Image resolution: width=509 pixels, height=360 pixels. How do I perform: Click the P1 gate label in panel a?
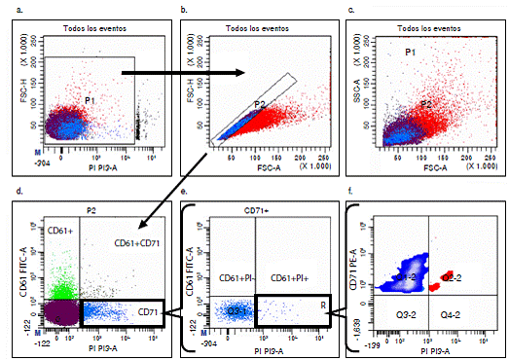tap(89, 100)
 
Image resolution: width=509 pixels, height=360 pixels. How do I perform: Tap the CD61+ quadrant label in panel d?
tap(37, 230)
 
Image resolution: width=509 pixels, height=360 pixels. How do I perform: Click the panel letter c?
tap(361, 9)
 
